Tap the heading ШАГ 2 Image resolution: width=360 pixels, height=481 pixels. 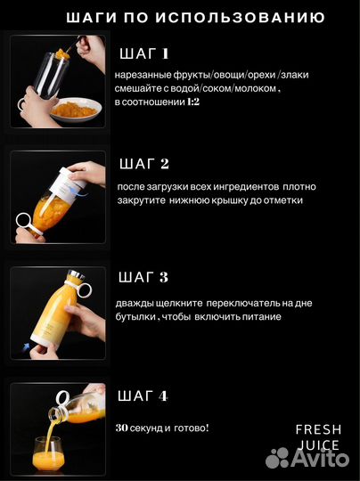coord(143,163)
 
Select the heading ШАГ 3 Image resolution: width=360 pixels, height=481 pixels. coord(143,278)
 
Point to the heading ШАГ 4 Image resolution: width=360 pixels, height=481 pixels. coord(143,395)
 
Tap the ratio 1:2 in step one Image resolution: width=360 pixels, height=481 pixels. coord(193,103)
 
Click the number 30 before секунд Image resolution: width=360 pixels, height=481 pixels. coord(122,428)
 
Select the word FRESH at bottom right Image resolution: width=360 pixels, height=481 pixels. coord(318,429)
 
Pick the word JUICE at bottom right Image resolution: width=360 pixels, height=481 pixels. coord(318,445)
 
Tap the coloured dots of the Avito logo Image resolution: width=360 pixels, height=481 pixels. coord(278,458)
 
